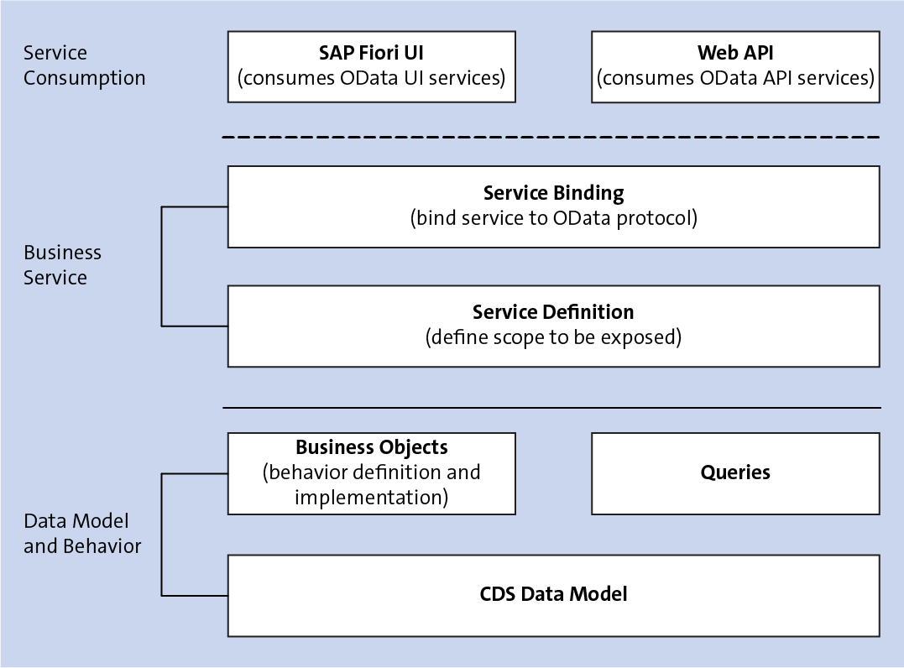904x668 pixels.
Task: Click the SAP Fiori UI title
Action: [371, 53]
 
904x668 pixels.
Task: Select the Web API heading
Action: [735, 53]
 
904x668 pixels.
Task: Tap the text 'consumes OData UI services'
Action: [371, 78]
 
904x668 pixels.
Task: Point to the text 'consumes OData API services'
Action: [735, 78]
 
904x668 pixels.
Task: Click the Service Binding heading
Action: [553, 193]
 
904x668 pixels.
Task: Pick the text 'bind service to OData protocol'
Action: [553, 218]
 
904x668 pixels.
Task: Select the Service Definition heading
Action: [553, 312]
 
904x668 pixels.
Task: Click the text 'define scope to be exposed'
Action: [553, 337]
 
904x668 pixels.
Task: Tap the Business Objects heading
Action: [371, 447]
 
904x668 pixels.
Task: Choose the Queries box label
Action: [735, 472]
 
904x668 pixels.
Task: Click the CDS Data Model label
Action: [553, 594]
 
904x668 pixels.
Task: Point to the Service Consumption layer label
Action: [84, 65]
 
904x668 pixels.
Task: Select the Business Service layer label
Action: [62, 265]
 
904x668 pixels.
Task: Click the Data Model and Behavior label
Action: [82, 534]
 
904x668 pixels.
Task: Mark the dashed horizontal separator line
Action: [551, 137]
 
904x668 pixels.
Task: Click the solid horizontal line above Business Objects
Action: [551, 408]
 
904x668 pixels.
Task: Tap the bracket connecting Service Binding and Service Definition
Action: [162, 265]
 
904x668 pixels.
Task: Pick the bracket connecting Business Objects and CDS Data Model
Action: [162, 535]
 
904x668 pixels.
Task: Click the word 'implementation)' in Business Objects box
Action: [371, 497]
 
